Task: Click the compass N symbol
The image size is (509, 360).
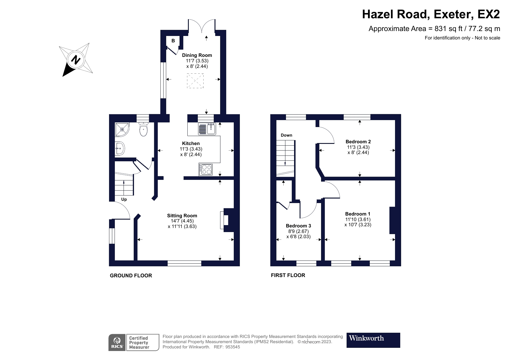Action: click(x=76, y=60)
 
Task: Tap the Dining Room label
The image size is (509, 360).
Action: click(x=197, y=55)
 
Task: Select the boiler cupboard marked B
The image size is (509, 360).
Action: click(x=173, y=41)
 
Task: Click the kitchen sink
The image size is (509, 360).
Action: click(x=207, y=129)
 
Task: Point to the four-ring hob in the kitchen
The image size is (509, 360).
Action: click(x=206, y=169)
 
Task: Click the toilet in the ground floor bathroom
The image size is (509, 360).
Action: click(x=144, y=129)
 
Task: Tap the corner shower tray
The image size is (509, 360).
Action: click(x=122, y=129)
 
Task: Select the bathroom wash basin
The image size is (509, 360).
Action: click(x=120, y=149)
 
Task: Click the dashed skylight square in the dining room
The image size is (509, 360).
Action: click(x=195, y=81)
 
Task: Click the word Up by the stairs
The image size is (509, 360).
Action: click(x=124, y=199)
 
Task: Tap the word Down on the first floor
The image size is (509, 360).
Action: click(x=286, y=135)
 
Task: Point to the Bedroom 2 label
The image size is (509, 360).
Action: click(x=358, y=142)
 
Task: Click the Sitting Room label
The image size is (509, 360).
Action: click(x=182, y=216)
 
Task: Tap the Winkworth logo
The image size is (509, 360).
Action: click(x=373, y=340)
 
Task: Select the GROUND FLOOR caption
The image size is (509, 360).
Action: click(x=131, y=276)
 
